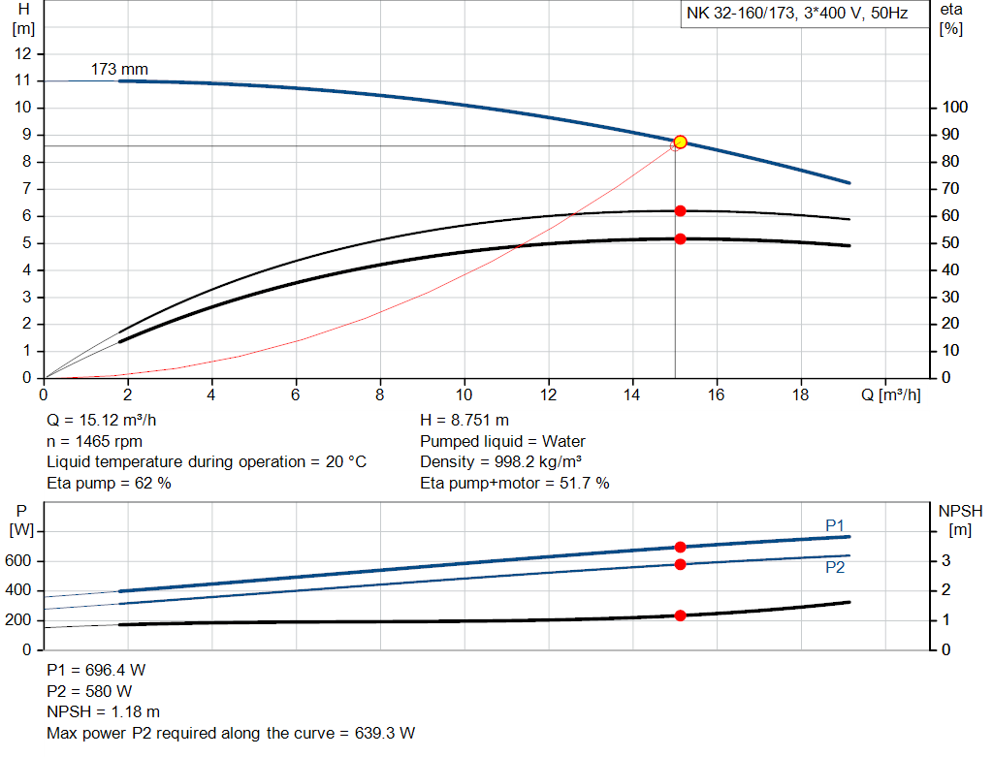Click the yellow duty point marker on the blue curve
[680, 142]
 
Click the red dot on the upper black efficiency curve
[680, 210]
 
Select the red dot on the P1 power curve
[680, 548]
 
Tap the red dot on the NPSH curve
[680, 615]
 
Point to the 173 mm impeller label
[119, 69]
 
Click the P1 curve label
[835, 525]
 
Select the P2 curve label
[835, 568]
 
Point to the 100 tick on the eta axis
[952, 107]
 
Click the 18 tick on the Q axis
[801, 395]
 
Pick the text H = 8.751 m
[464, 421]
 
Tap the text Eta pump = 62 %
[109, 483]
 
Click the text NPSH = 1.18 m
[104, 712]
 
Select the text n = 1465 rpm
[95, 441]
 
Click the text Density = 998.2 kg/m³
[501, 462]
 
